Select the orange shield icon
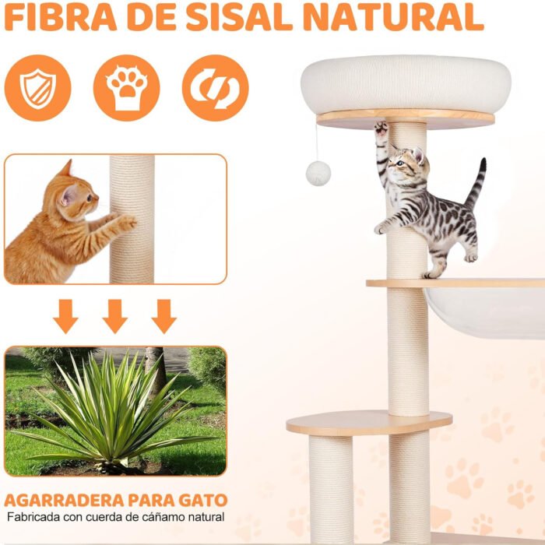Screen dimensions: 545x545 pyautogui.click(x=37, y=88)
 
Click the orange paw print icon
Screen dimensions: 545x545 pyautogui.click(x=126, y=88)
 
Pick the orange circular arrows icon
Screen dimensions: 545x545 pyautogui.click(x=215, y=88)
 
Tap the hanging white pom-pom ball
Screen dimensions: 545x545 pyautogui.click(x=318, y=173)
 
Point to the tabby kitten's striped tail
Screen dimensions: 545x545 pyautogui.click(x=476, y=183)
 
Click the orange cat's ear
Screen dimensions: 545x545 pyautogui.click(x=65, y=170)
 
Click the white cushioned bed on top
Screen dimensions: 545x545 pyautogui.click(x=405, y=84)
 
